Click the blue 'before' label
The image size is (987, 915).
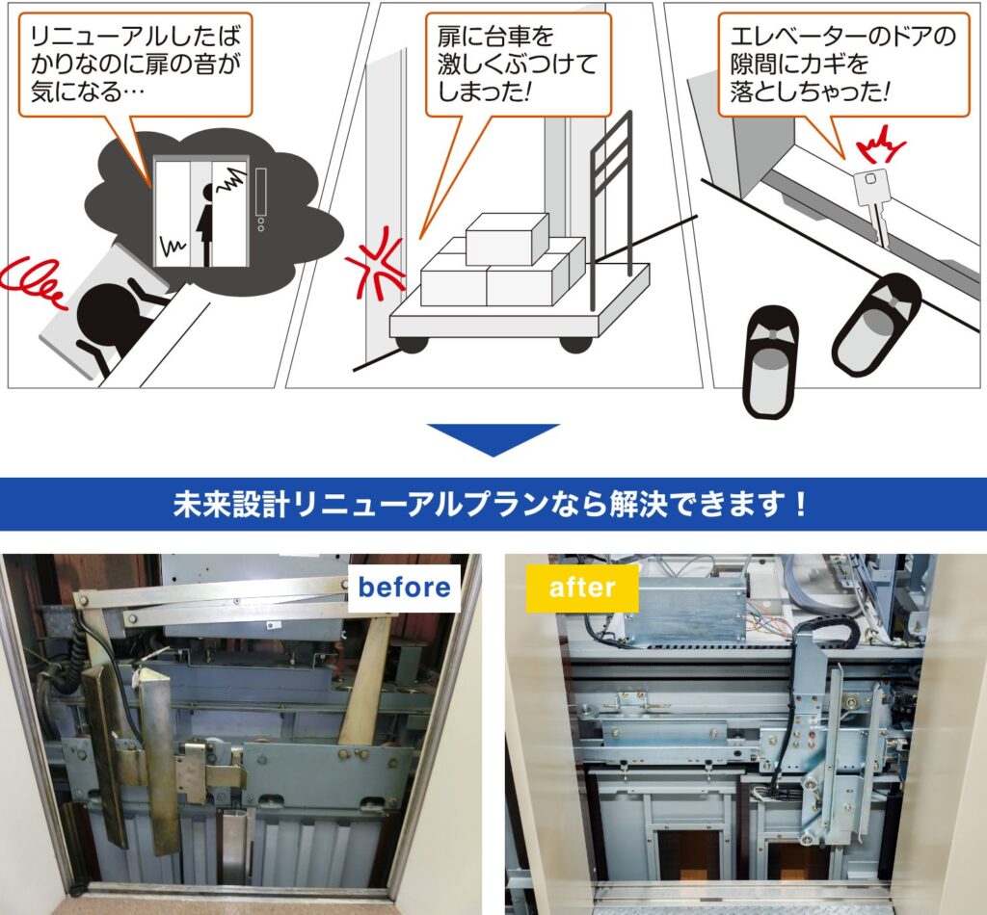pyautogui.click(x=404, y=588)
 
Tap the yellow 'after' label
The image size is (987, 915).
pyautogui.click(x=582, y=588)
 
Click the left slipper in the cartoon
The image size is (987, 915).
pyautogui.click(x=771, y=361)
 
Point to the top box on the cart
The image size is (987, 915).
pyautogui.click(x=507, y=238)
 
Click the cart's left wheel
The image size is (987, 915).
pyautogui.click(x=413, y=344)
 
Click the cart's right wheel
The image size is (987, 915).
pyautogui.click(x=575, y=344)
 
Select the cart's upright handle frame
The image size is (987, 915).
pyautogui.click(x=610, y=207)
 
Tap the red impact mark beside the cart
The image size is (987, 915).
pyautogui.click(x=376, y=266)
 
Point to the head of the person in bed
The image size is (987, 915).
pyautogui.click(x=104, y=313)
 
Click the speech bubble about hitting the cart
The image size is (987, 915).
pyautogui.click(x=518, y=69)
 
